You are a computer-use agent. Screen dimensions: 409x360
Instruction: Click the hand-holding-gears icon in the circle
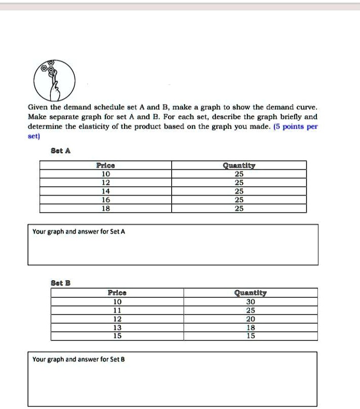(x=54, y=80)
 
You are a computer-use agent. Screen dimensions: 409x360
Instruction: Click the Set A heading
(x=61, y=151)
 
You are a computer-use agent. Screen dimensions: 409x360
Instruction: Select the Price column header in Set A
(x=106, y=166)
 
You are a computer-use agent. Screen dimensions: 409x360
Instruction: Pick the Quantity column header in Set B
(x=251, y=293)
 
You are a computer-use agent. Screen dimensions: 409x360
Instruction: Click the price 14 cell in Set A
(x=106, y=191)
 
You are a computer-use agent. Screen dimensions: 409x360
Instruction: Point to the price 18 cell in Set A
(x=106, y=208)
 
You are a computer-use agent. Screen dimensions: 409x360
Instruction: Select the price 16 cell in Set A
(x=106, y=200)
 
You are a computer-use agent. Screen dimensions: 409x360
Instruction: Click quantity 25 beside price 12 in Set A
(x=239, y=183)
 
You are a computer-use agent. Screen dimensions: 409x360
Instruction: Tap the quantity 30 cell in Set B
(x=251, y=302)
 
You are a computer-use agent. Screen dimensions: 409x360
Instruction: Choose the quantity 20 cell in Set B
(x=251, y=319)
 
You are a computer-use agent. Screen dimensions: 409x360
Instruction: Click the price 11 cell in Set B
(x=117, y=310)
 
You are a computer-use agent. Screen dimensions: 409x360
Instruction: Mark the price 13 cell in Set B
(x=117, y=328)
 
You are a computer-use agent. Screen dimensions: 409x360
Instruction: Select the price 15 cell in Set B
(x=117, y=336)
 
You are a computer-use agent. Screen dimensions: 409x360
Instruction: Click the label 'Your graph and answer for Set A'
(x=78, y=231)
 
